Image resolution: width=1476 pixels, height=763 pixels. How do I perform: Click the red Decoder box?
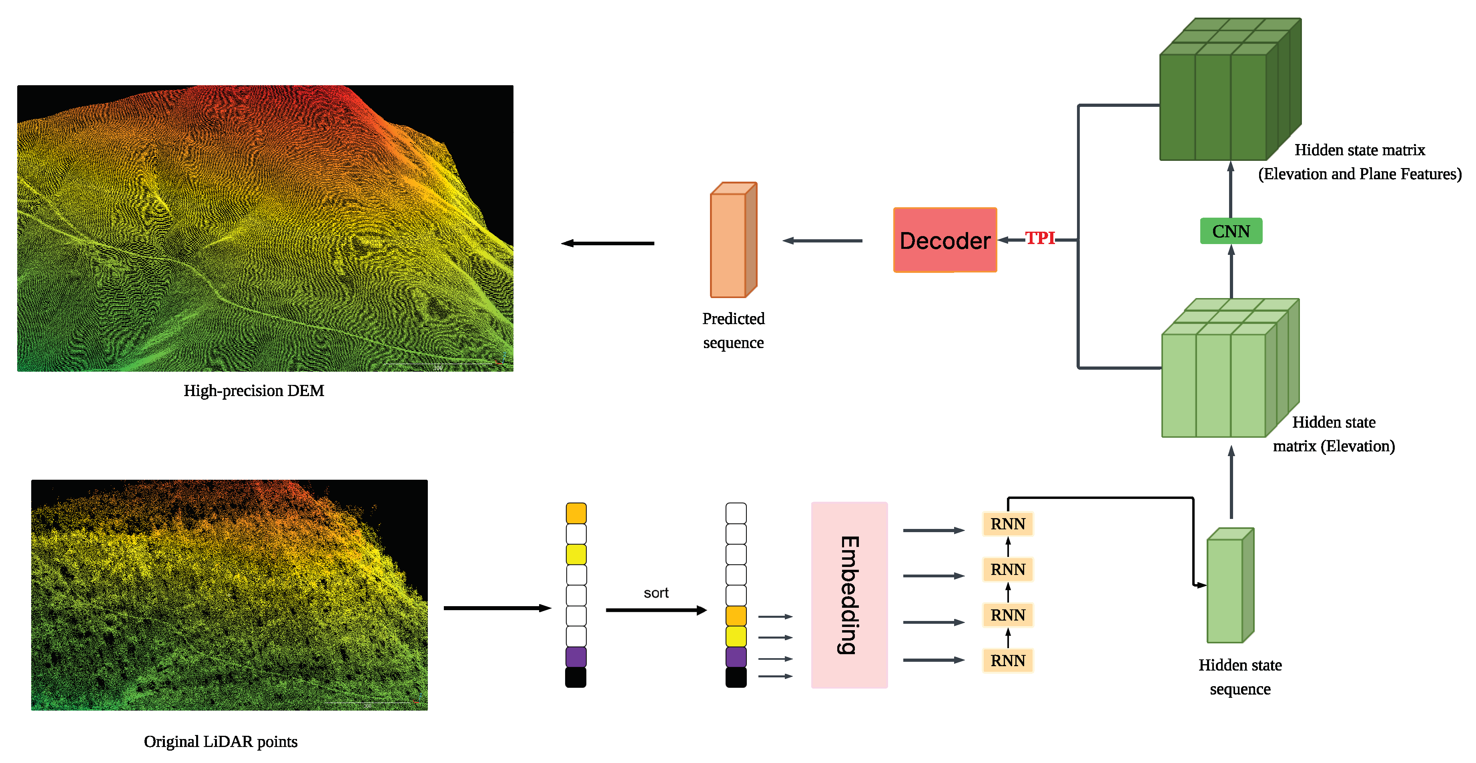pos(945,240)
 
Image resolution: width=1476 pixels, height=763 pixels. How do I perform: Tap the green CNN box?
pos(1231,231)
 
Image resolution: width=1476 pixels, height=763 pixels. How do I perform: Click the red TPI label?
pos(1039,238)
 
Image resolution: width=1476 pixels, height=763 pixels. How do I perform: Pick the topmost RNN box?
pos(1007,524)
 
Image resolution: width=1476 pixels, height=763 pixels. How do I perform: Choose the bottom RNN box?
pos(1007,661)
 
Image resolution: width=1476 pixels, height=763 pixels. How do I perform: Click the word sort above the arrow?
pos(656,593)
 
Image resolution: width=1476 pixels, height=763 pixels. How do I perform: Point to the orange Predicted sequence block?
pos(733,240)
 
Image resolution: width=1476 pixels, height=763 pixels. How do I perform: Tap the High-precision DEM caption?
pos(253,391)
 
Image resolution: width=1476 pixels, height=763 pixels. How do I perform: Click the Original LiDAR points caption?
pos(221,742)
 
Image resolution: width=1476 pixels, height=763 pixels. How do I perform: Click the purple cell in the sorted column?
pos(736,657)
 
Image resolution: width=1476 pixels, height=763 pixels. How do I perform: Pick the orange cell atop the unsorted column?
pos(576,513)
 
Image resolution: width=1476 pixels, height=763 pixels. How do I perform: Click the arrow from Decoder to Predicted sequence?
pos(822,240)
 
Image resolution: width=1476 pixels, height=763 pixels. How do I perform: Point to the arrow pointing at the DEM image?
pos(608,243)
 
